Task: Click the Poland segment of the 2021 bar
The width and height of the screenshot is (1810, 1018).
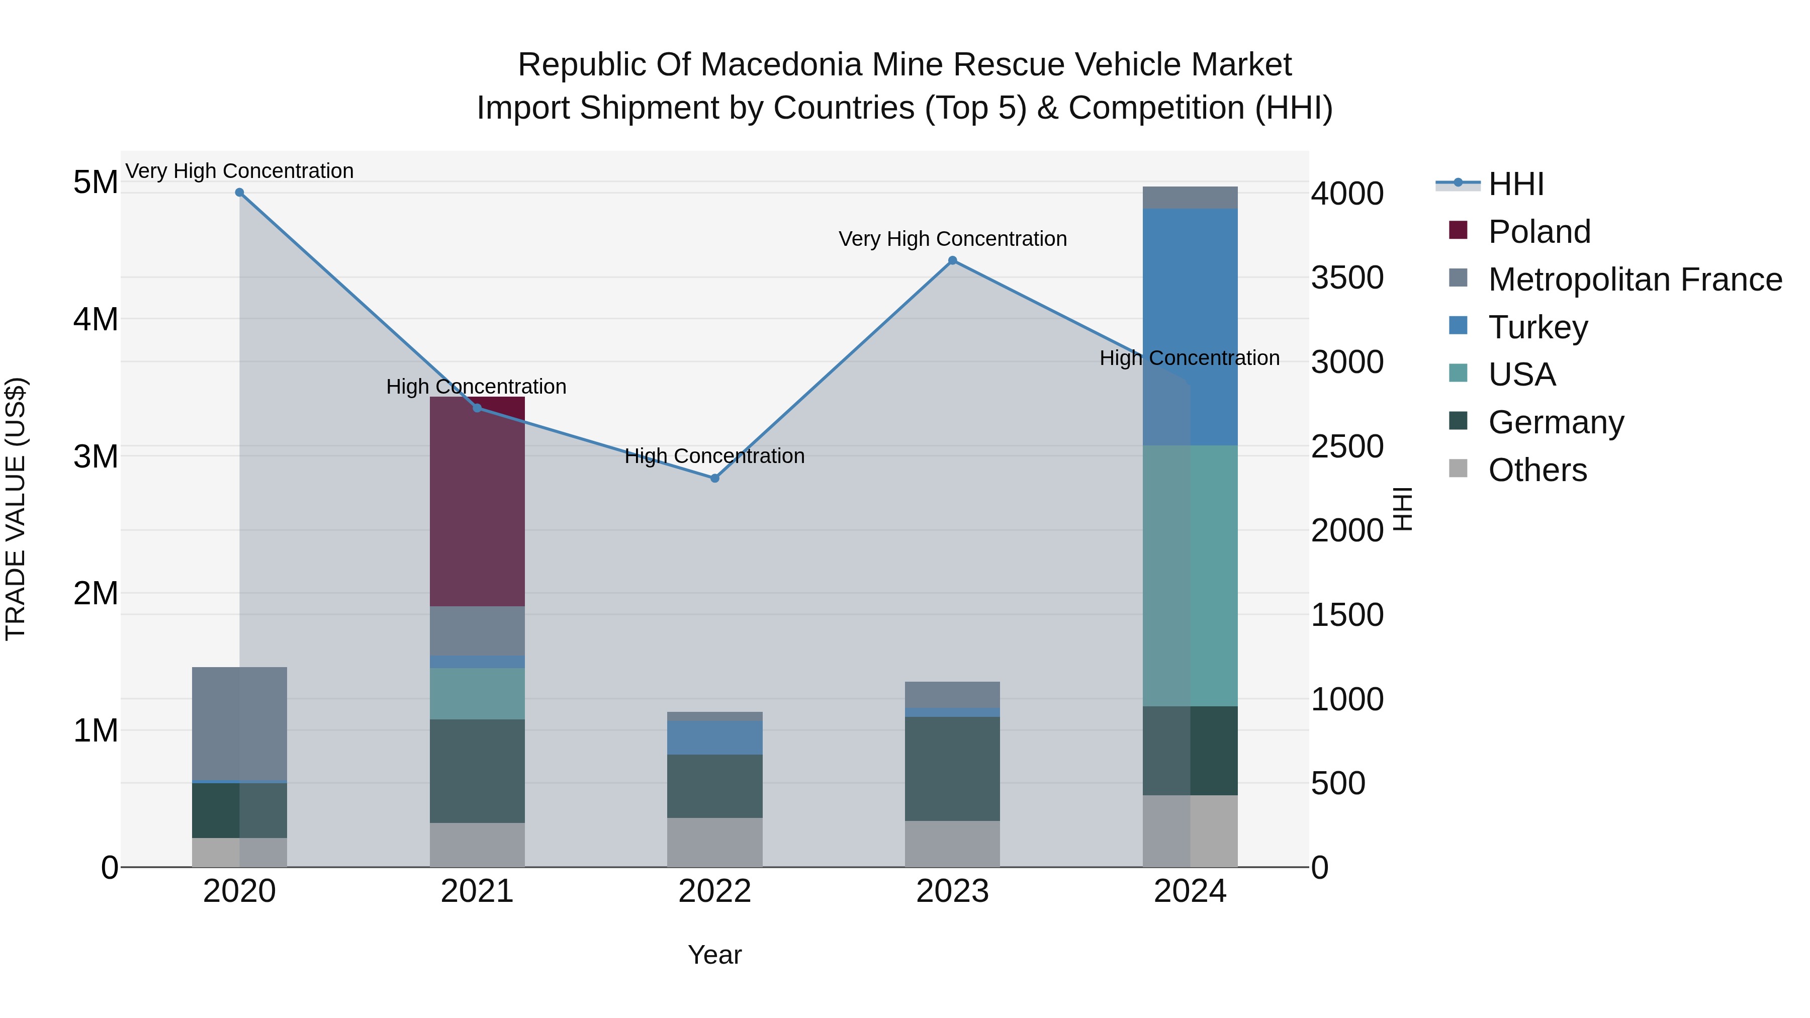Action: (x=477, y=502)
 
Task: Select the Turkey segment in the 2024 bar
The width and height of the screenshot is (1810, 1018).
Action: (x=1190, y=327)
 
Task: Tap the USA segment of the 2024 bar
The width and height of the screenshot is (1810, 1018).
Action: (x=1190, y=576)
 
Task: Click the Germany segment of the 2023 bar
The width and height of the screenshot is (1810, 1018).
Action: (x=952, y=769)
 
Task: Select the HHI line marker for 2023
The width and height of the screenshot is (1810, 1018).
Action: (x=952, y=260)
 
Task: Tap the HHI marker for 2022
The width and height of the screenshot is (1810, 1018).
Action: (x=714, y=479)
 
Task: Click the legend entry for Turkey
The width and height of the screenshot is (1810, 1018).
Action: (x=1537, y=327)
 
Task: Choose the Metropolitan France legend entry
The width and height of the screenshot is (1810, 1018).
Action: (x=1635, y=280)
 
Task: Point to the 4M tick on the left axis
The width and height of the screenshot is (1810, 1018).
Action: (x=96, y=320)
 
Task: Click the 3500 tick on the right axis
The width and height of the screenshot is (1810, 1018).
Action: (x=1347, y=278)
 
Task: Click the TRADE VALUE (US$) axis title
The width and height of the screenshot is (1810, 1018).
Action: (x=16, y=509)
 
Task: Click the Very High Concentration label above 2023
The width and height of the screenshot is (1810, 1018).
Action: (x=952, y=239)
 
